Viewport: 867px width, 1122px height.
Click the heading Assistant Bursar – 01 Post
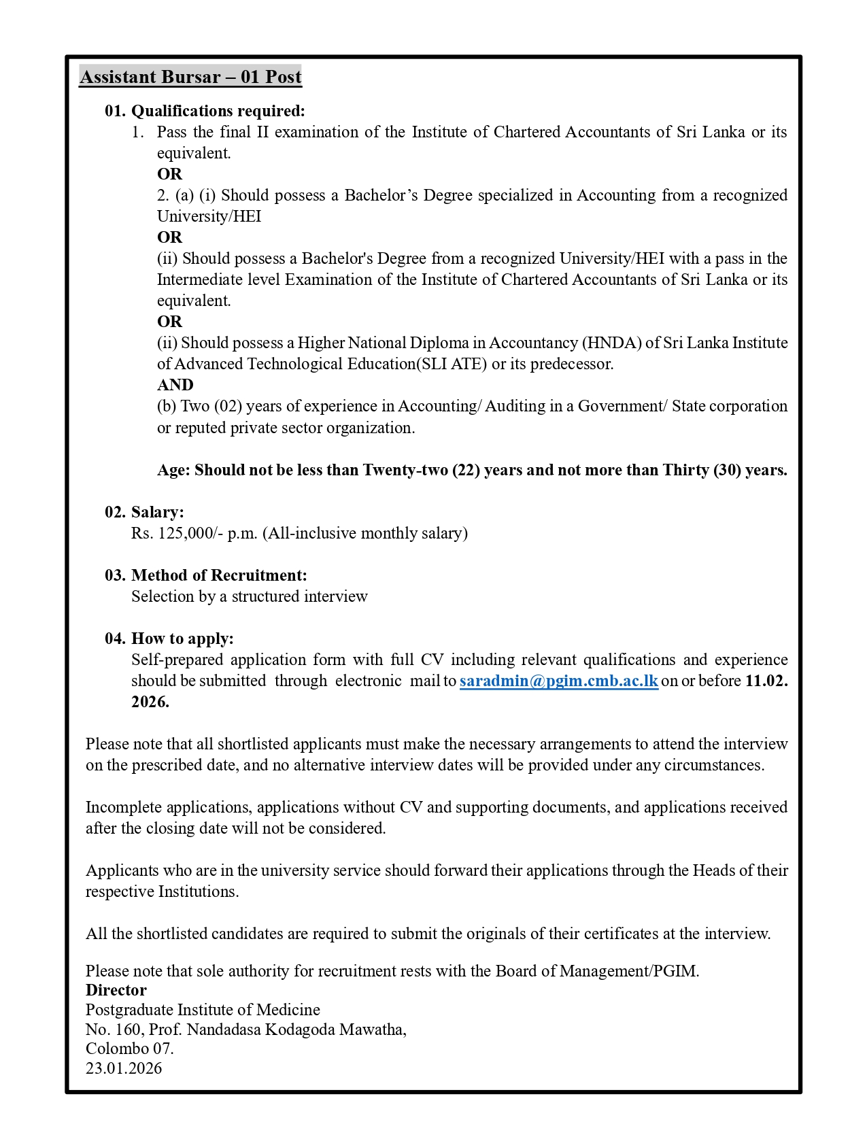click(190, 77)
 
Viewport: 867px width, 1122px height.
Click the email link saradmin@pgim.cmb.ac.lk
click(558, 681)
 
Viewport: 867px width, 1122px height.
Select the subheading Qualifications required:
click(217, 111)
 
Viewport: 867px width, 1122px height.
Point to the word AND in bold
click(175, 385)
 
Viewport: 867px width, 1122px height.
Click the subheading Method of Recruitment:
click(218, 575)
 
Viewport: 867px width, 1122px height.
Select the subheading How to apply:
click(182, 639)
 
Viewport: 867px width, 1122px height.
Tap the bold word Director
click(116, 990)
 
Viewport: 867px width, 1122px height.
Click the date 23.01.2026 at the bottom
click(124, 1068)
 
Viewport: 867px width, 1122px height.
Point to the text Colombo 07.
click(129, 1049)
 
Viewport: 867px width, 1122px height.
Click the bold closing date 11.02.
click(766, 681)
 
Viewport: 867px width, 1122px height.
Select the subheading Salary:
click(157, 512)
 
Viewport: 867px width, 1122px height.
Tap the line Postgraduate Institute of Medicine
click(203, 1010)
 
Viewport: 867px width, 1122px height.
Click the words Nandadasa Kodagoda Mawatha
click(296, 1030)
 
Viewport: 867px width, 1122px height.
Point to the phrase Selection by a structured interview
click(249, 596)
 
